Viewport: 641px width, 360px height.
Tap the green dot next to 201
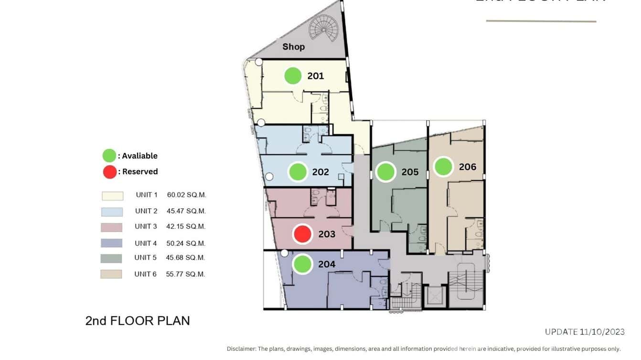coord(293,76)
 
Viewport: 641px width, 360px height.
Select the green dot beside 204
coord(302,264)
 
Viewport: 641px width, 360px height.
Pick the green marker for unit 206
coord(443,167)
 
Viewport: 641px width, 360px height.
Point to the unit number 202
coord(320,172)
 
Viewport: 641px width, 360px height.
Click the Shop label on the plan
coord(293,47)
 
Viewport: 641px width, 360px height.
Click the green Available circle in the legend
coord(109,156)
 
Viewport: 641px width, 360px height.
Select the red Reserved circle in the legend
coord(109,171)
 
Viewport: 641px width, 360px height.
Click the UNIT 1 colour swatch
coord(112,196)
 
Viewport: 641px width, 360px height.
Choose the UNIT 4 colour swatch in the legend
coord(111,243)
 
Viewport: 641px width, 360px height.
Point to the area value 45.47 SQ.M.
coord(186,211)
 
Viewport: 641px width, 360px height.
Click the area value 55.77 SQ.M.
coord(186,274)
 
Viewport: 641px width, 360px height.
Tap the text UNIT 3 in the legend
coord(146,226)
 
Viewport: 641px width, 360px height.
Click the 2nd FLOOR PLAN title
coord(138,321)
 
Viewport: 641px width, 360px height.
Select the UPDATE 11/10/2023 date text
coord(585,332)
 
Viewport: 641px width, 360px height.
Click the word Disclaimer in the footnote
coord(241,349)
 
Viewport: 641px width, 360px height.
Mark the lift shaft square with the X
coord(434,296)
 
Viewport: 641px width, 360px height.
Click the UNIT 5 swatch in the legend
coord(111,258)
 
